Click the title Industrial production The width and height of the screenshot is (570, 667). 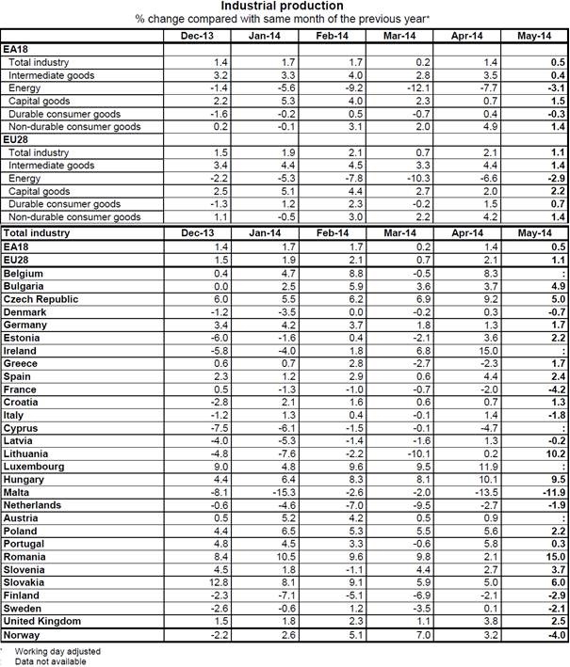[284, 7]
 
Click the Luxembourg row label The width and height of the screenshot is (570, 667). [34, 466]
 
